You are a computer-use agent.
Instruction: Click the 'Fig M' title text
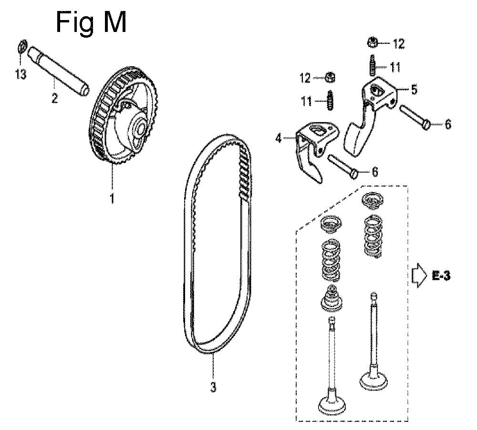[91, 23]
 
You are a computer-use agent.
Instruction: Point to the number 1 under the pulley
[113, 198]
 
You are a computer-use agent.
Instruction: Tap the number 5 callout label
[414, 90]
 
